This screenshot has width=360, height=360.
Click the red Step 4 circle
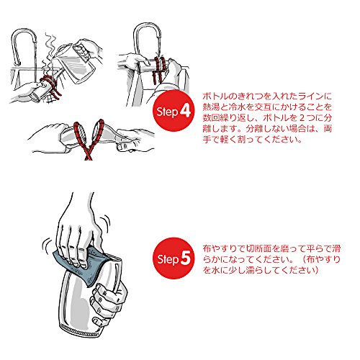pos(174,111)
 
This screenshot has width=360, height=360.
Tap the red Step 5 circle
pos(174,258)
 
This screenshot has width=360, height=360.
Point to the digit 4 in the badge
pos(185,111)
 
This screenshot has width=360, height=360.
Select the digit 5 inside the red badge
pos(186,258)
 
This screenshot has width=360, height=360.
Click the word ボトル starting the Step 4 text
pos(215,96)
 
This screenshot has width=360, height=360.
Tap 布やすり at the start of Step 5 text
pos(221,248)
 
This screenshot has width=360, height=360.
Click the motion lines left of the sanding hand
pos(47,244)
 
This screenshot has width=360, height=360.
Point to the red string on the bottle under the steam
pos(50,86)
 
